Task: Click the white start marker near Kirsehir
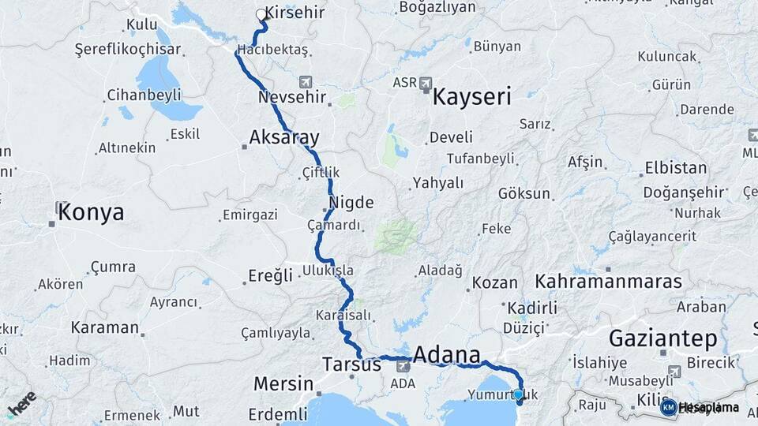coord(261,14)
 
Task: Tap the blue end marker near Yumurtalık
coord(518,394)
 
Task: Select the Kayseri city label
coord(471,98)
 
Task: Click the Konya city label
coord(91,212)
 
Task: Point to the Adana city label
coord(447,353)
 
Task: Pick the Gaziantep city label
coord(663,339)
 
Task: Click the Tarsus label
coord(352,364)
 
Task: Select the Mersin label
coord(283,384)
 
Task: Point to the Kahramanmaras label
coord(608,282)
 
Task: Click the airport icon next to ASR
coord(426,83)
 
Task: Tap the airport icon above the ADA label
coord(403,366)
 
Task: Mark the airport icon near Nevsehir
coord(306,82)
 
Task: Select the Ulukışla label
coord(328,271)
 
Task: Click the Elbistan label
coord(676,168)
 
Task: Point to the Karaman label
coord(105,327)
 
